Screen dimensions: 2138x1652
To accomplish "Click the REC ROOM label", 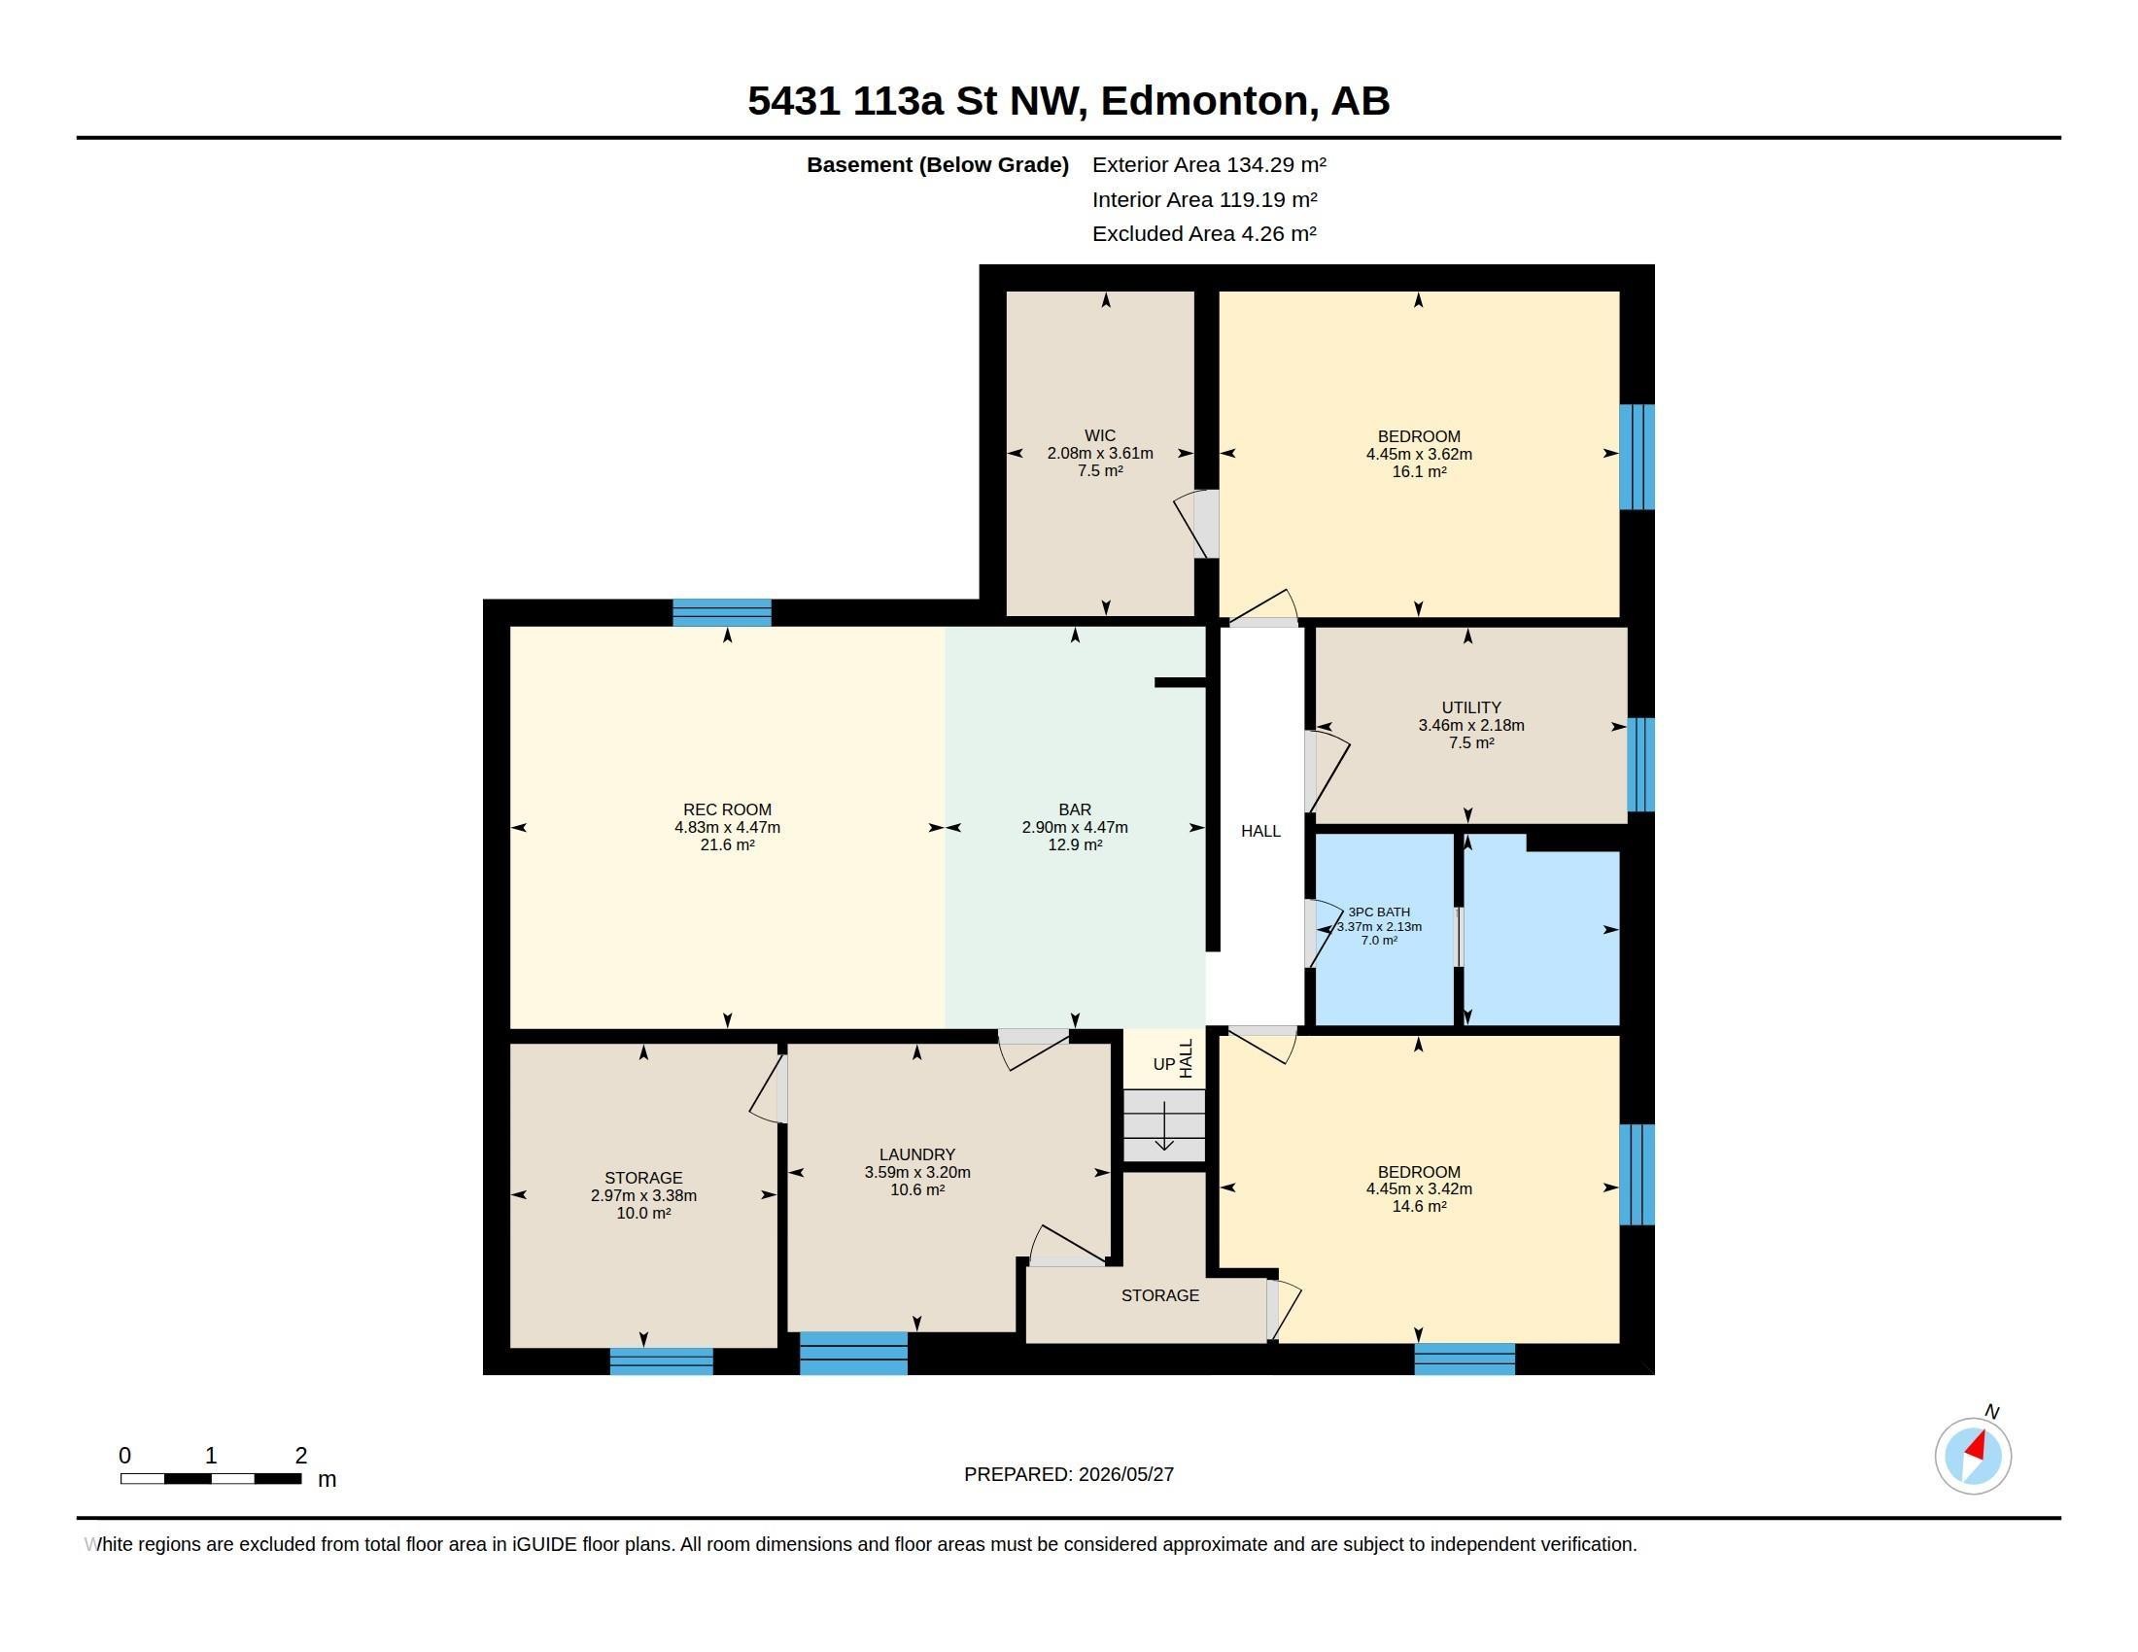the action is (x=726, y=809).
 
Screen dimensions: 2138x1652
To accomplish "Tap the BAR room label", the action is (x=1075, y=809).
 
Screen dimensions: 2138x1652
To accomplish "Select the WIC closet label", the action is (x=1099, y=435).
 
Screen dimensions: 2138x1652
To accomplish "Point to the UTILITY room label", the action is (x=1470, y=707).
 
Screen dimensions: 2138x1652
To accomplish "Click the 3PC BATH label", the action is (x=1378, y=912).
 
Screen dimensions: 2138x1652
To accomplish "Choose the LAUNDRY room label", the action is (x=916, y=1154).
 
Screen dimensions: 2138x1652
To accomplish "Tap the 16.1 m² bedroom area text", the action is (x=1419, y=471).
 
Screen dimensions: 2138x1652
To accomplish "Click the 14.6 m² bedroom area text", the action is (x=1419, y=1207).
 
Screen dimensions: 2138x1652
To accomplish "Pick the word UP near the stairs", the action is (x=1163, y=1065).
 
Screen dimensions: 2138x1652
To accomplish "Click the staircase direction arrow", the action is (x=1164, y=1126).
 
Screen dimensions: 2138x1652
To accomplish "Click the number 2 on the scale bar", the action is (x=301, y=1456).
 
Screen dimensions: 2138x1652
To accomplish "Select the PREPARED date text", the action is (x=1068, y=1474).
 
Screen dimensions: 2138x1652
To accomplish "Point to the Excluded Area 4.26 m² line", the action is (x=1204, y=234).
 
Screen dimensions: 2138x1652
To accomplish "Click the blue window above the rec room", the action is (x=721, y=612).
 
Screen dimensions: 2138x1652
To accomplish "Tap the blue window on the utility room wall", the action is (x=1640, y=766).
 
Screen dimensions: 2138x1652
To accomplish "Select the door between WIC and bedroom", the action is (x=1198, y=524).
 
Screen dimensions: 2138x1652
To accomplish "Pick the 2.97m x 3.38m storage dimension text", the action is (x=643, y=1196).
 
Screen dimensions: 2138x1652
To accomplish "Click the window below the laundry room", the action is (x=853, y=1354).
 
